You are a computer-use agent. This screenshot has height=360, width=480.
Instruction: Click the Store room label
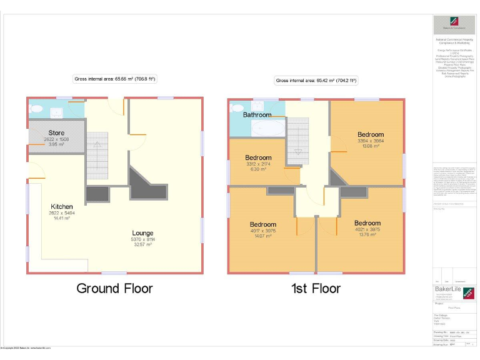[x=57, y=132]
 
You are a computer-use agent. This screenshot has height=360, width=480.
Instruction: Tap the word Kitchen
[x=62, y=207]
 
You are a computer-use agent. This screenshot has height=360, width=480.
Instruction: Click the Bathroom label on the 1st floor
[x=257, y=115]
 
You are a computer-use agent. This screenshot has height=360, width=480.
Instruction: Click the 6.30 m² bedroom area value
[x=258, y=169]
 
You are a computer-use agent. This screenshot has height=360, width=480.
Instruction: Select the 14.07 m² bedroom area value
[x=263, y=236]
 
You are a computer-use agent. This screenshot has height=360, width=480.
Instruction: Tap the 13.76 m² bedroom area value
[x=367, y=235]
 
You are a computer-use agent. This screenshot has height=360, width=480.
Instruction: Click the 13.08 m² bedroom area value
[x=371, y=147]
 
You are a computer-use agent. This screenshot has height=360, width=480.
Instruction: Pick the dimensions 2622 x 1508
[x=57, y=139]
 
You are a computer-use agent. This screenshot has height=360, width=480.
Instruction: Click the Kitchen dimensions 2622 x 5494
[x=62, y=213]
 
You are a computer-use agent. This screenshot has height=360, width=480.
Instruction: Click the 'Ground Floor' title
[x=114, y=288]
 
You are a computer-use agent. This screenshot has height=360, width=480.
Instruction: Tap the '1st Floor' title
[x=316, y=288]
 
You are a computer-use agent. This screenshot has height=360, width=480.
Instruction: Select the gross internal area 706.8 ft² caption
[x=114, y=79]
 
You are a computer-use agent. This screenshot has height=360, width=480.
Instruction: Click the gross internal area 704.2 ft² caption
[x=316, y=81]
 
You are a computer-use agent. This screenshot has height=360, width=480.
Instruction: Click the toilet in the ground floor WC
[x=37, y=111]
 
